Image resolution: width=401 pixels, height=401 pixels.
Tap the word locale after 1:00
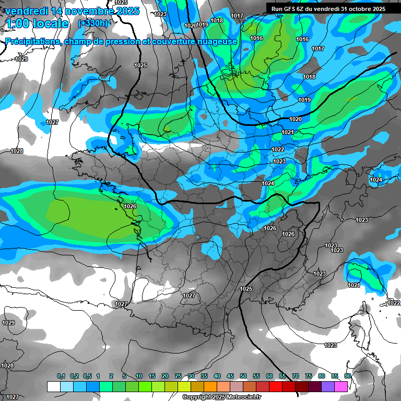click(49, 23)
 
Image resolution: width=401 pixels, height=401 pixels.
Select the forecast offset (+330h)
click(93, 23)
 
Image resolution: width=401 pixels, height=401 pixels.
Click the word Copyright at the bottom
click(197, 397)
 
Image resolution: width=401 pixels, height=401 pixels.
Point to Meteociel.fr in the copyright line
click(243, 397)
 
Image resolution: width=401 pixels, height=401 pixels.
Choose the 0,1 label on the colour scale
click(61, 376)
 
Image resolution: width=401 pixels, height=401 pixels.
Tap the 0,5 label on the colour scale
click(87, 376)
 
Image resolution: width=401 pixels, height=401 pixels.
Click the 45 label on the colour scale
click(230, 376)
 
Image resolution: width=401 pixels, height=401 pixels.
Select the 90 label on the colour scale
click(348, 376)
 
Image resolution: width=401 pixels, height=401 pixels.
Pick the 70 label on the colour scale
click(296, 376)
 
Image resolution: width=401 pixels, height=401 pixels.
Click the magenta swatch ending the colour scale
click(341, 386)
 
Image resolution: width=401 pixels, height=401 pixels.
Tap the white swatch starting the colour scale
click(53, 386)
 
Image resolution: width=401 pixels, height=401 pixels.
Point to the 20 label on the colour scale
click(165, 376)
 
